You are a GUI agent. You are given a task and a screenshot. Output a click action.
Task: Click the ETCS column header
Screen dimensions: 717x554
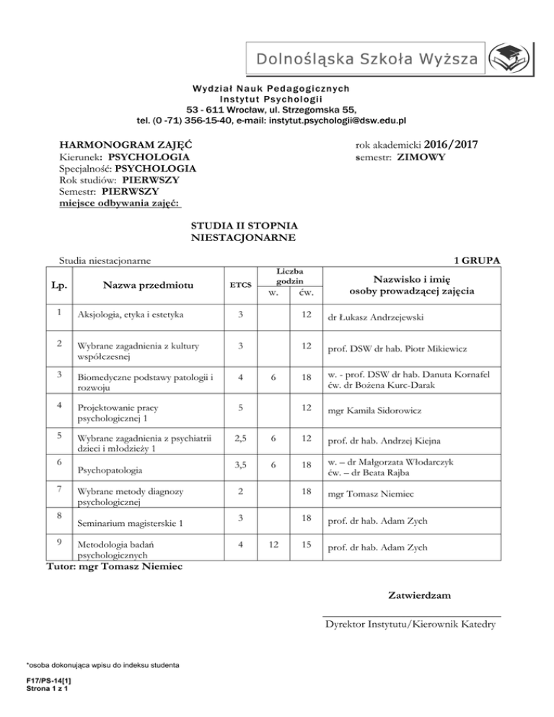(241, 285)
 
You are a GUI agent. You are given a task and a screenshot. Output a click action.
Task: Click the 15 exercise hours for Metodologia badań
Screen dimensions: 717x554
(307, 547)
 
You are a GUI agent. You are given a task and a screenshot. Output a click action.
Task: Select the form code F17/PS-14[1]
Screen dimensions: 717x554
(46, 679)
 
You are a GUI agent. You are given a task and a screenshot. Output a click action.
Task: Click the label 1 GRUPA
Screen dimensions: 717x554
(478, 260)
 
